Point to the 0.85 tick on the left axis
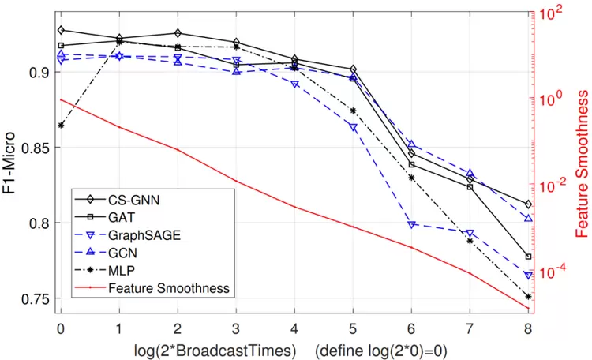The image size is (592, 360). pyautogui.click(x=35, y=148)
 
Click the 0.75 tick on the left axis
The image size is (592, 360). pyautogui.click(x=35, y=298)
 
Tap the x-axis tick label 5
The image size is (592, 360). pyautogui.click(x=353, y=328)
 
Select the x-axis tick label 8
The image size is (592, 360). pyautogui.click(x=528, y=328)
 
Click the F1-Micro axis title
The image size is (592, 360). pyautogui.click(x=9, y=163)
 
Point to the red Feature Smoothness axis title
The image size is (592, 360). pyautogui.click(x=582, y=163)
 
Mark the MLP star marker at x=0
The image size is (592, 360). pyautogui.click(x=61, y=125)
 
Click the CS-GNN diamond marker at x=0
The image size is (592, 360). pyautogui.click(x=61, y=30)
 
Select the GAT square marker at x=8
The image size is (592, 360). pyautogui.click(x=528, y=257)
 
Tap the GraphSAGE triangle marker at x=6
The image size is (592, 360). pyautogui.click(x=411, y=225)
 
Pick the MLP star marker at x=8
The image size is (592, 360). pyautogui.click(x=528, y=297)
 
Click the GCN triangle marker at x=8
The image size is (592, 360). pyautogui.click(x=528, y=219)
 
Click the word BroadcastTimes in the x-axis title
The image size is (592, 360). pyautogui.click(x=236, y=351)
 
